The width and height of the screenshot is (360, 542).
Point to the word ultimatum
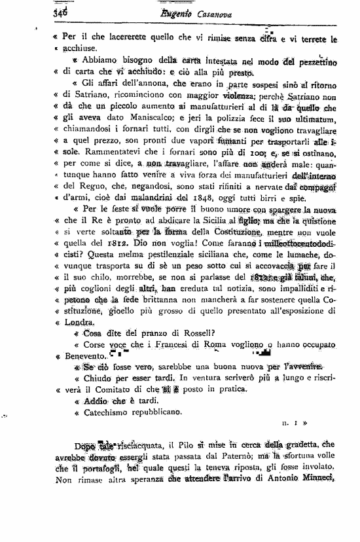[314, 118]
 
